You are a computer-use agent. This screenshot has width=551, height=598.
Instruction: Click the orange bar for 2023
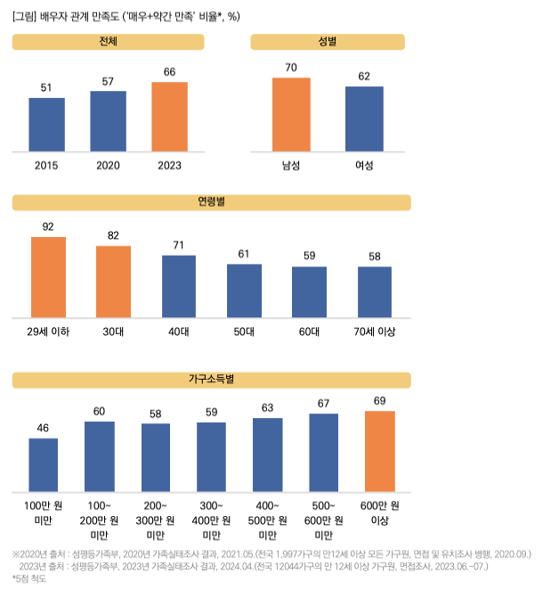pos(169,117)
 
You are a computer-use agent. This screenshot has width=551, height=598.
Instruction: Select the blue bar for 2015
pos(46,124)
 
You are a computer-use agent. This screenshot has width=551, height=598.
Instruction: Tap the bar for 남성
pos(291,115)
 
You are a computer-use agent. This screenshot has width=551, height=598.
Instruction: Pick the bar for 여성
pos(364,119)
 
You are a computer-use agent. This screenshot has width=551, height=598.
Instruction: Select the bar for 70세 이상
pos(375,291)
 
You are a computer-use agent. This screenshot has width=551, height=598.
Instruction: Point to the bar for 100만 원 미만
pos(43,464)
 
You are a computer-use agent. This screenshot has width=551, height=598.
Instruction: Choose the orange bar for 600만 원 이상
pos(379,451)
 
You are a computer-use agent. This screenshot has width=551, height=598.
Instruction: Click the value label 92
pos(48,226)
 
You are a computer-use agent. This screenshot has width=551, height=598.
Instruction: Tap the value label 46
pos(43,429)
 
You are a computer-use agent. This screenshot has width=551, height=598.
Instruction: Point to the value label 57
pos(108,81)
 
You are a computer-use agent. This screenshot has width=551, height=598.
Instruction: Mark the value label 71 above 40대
pos(179,245)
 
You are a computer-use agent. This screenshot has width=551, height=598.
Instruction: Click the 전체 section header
pos(109,42)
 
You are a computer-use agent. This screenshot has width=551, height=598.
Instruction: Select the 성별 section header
pos(328,42)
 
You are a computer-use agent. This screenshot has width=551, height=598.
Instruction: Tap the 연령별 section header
pos(211,202)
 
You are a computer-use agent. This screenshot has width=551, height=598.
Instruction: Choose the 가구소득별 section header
pos(211,380)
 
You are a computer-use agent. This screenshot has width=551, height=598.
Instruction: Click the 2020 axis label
pos(108,165)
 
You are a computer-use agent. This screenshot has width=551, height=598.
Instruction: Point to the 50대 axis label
pos(244,332)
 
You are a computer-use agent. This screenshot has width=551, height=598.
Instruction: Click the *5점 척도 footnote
pos(29,578)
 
